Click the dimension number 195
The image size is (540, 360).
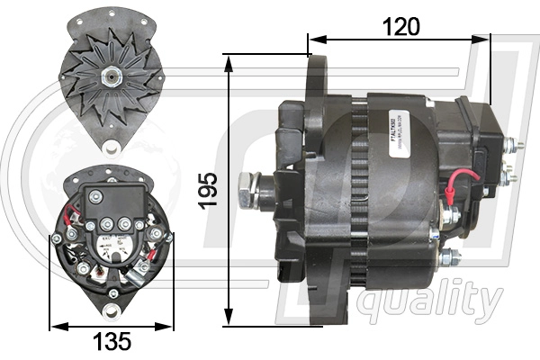click(209, 190)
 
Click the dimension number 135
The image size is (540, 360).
click(112, 342)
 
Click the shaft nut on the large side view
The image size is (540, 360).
click(249, 189)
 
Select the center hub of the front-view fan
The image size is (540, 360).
click(111, 76)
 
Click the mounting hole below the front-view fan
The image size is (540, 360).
click(112, 148)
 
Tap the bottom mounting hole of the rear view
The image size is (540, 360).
click(111, 311)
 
